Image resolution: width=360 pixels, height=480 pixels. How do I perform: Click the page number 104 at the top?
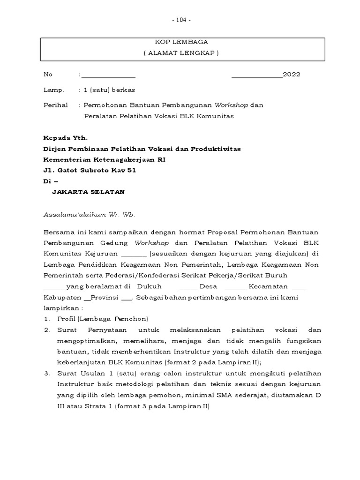click(x=181, y=20)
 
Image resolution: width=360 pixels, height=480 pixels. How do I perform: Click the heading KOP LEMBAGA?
click(x=181, y=42)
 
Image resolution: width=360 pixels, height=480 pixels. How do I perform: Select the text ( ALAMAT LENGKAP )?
click(x=181, y=53)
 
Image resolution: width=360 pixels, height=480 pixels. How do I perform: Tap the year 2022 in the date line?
click(x=291, y=75)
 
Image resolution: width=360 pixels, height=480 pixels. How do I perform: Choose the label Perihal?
click(x=55, y=105)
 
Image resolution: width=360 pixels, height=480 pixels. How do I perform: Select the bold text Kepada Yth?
click(x=65, y=138)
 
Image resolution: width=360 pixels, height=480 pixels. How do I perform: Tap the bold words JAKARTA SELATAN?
click(x=88, y=192)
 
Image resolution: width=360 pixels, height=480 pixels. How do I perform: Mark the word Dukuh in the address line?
click(x=150, y=286)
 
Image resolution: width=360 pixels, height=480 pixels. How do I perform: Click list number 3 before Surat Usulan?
click(x=47, y=374)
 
